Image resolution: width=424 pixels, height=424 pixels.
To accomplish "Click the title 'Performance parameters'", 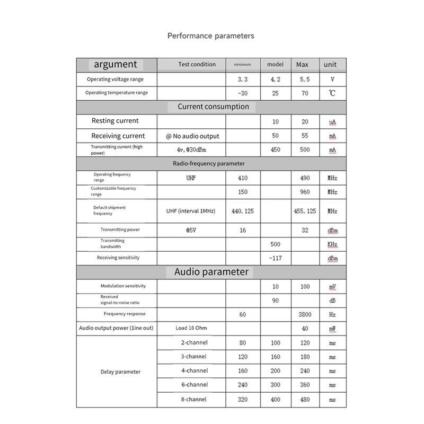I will [211, 36].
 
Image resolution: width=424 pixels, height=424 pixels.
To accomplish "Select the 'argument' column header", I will [116, 64].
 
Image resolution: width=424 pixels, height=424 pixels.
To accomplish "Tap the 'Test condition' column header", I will [197, 64].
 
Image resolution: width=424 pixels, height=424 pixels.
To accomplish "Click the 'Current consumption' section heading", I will [213, 107].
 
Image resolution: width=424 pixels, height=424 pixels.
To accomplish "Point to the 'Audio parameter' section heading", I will [211, 272].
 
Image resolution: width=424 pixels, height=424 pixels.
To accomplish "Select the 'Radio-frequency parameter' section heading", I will [209, 164].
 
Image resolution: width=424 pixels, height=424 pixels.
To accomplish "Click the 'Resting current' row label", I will [115, 121].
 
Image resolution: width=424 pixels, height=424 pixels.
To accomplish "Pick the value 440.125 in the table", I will [243, 211].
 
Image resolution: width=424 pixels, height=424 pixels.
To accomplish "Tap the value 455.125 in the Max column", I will [305, 211].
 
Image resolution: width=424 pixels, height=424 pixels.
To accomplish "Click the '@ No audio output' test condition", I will [192, 136].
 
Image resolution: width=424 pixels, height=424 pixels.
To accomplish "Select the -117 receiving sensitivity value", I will [275, 258].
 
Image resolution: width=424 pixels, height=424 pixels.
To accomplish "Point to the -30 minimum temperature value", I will [243, 93].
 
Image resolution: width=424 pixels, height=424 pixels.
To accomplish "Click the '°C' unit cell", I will [332, 93].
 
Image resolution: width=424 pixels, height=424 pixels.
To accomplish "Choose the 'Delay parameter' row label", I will [120, 372].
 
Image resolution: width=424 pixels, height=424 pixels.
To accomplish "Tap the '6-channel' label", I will [193, 385].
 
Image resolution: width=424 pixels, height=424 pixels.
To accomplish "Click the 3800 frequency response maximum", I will [305, 314].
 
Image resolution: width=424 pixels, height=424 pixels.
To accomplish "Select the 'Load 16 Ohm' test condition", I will [191, 328].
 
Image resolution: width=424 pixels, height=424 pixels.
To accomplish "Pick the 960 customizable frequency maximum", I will [305, 192].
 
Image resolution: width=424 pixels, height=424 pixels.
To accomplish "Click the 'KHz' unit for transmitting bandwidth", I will [332, 244].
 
